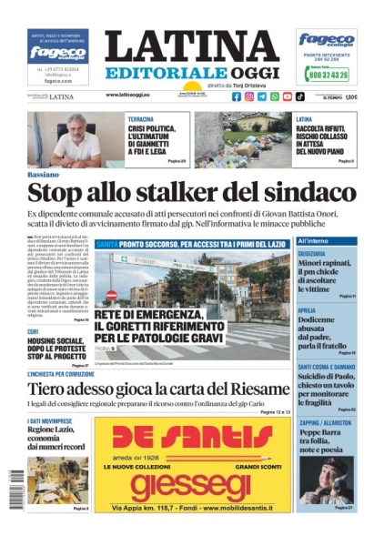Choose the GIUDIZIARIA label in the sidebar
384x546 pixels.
(x=313, y=253)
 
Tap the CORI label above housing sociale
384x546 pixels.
(x=33, y=331)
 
